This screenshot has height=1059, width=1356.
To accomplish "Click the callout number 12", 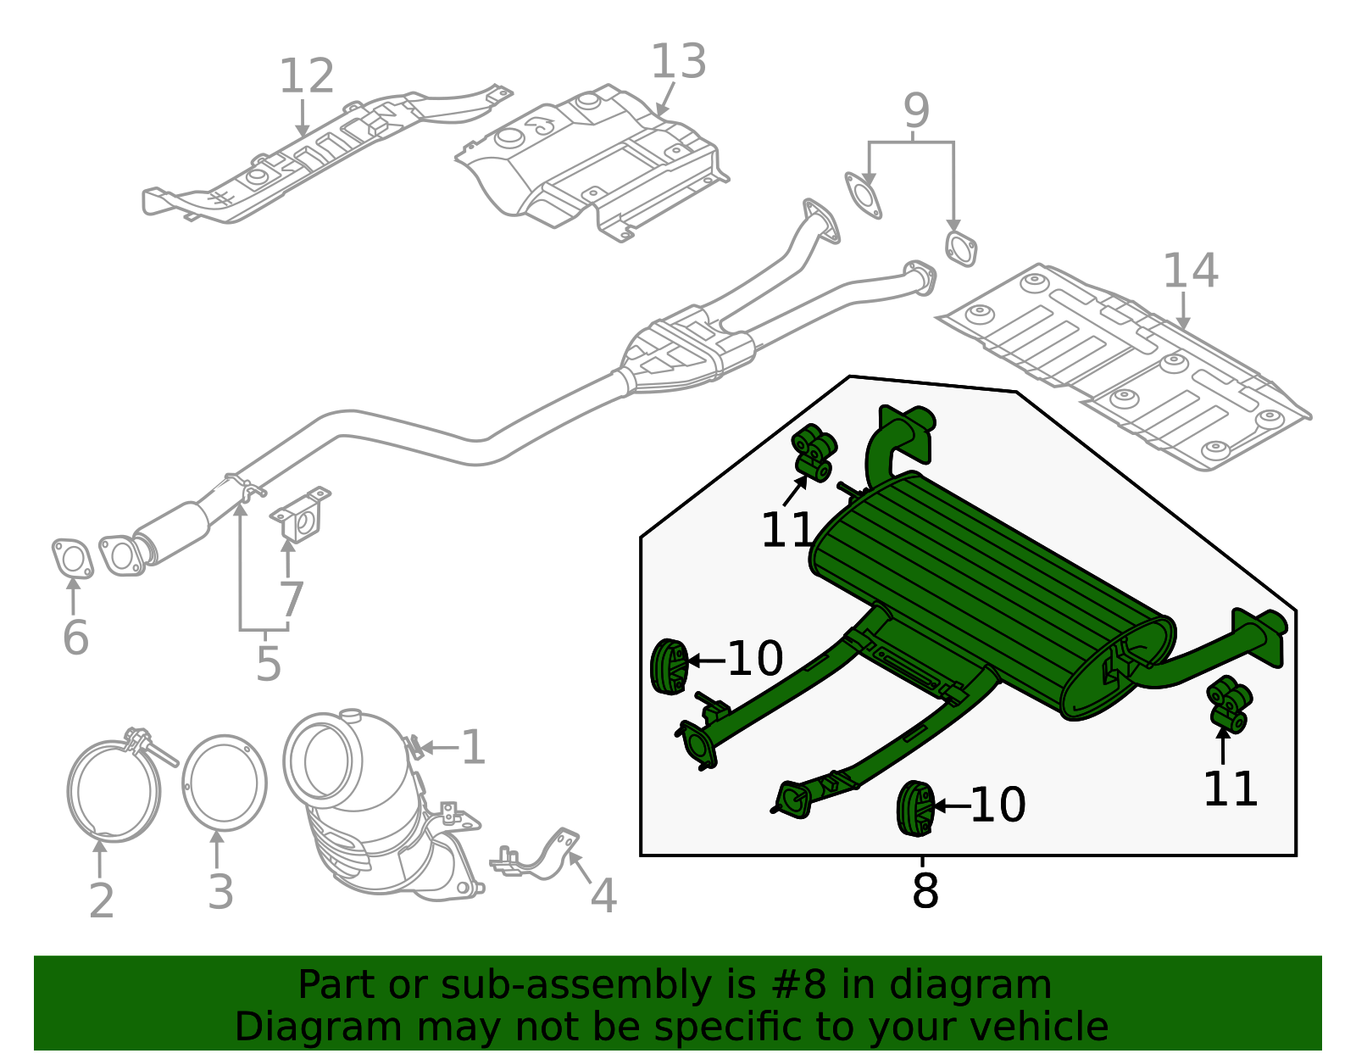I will click(x=306, y=77).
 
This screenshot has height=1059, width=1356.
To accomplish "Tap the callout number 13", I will click(x=678, y=63).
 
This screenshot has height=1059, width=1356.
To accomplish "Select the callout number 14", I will click(x=1190, y=271).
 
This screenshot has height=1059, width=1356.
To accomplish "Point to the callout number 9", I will click(x=916, y=111).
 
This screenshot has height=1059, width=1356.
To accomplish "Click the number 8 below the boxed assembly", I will click(x=925, y=892).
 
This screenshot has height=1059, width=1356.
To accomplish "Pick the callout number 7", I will click(x=291, y=600).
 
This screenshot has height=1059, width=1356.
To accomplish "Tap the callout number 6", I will click(x=75, y=638).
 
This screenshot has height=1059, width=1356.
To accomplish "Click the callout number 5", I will click(x=268, y=664).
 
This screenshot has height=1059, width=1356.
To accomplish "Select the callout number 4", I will click(x=603, y=896).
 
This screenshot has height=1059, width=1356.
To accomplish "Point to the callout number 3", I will click(x=220, y=893).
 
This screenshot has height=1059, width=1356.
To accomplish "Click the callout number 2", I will click(x=101, y=900).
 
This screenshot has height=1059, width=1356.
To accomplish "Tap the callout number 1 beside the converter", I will click(x=473, y=748).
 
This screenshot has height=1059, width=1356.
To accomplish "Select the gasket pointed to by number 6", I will click(x=72, y=560).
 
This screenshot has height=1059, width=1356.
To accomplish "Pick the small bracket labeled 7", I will click(x=301, y=515).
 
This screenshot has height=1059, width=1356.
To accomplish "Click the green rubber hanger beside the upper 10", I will click(x=669, y=667).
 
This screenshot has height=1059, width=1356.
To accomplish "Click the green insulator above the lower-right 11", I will click(x=1229, y=704).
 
